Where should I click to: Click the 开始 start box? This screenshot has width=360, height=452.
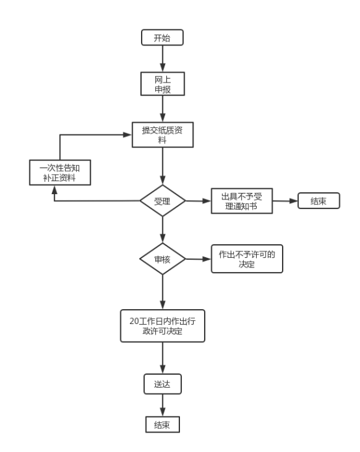coord(162,38)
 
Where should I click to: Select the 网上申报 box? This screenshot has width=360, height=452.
coord(162,84)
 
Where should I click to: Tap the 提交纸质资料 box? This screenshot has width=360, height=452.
coord(162,134)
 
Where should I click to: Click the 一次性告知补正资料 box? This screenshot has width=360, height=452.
coord(60,172)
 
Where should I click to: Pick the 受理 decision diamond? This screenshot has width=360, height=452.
coord(162,201)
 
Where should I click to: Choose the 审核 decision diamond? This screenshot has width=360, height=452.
coord(162,259)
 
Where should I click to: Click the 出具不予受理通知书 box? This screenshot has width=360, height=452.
coord(242,201)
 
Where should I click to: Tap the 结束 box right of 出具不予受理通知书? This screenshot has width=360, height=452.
coord(319,201)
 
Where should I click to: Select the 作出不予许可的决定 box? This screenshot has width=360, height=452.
coord(247,259)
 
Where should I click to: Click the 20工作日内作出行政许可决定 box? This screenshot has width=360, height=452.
coord(162,326)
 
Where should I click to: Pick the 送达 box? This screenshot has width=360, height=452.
coord(162,384)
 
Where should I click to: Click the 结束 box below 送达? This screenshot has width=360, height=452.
coord(162,424)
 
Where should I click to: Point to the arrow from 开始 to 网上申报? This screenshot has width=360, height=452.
coord(162,58)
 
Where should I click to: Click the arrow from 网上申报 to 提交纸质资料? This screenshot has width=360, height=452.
coord(162,108)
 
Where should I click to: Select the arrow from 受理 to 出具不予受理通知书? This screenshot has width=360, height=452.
coord(198,201)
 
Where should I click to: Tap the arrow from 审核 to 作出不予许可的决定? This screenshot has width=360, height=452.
coord(198,259)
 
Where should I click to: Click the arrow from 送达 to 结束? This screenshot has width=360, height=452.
coord(162,405)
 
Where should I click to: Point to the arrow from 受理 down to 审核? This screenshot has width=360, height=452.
coord(162,230)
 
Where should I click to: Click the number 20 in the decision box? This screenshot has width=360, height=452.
coord(134,321)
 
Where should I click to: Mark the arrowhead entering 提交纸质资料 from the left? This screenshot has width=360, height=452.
coord(127,134)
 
